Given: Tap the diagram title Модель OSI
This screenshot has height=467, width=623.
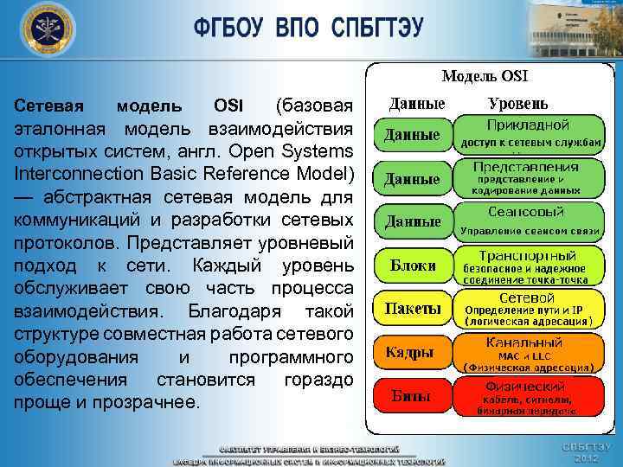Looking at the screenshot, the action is [x=485, y=77].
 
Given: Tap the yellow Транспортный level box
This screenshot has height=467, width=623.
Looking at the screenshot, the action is [x=528, y=264].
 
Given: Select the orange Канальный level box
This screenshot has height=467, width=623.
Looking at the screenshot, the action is [x=528, y=351].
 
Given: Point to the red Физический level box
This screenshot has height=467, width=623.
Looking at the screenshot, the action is [x=528, y=395].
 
